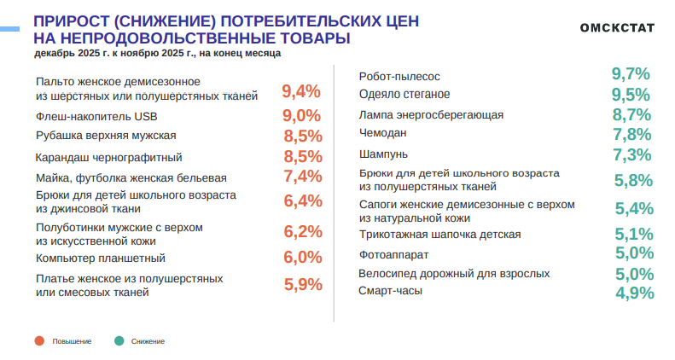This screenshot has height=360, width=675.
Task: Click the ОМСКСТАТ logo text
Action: coord(617,27)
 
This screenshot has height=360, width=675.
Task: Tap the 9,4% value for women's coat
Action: coord(301,91)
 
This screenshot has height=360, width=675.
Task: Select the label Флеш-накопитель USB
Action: coord(96,115)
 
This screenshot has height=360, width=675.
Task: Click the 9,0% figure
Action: coord(301,116)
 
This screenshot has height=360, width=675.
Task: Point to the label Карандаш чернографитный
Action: coord(108,157)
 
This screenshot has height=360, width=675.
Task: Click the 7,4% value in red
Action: coord(301,177)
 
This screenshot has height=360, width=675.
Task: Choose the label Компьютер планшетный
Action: coord(100,258)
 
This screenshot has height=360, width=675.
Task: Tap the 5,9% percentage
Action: coord(301,285)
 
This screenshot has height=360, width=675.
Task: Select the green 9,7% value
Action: coord(632,74)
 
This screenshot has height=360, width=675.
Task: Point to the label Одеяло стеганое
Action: coord(404,94)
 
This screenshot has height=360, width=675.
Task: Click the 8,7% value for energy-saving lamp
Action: coord(632,114)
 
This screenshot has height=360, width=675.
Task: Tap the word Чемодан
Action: coord(382,133)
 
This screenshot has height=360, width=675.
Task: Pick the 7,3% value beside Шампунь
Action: coord(632,154)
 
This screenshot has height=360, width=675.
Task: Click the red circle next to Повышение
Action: coord(39,341)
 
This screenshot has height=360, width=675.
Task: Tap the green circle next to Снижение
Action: coord(119,341)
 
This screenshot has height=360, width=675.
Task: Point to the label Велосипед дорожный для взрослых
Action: coord(454,274)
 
